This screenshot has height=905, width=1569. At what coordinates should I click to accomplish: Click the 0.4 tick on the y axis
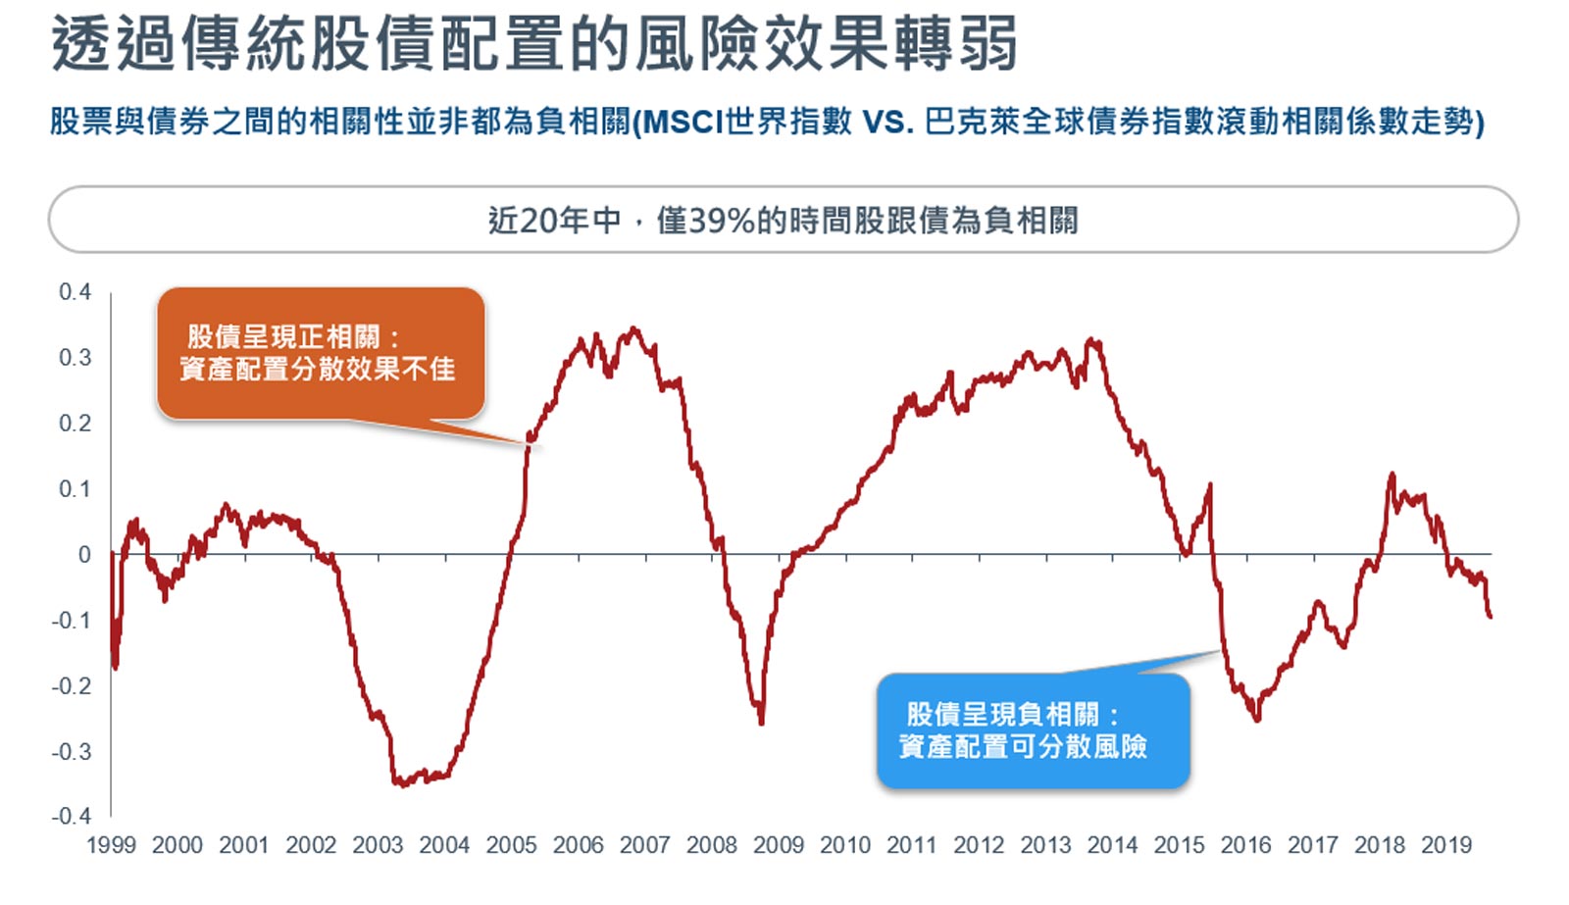75,292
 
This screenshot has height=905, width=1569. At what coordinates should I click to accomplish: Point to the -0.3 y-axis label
71,752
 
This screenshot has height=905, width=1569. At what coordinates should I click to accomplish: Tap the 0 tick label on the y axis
84,555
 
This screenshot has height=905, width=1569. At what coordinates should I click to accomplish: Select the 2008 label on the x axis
711,845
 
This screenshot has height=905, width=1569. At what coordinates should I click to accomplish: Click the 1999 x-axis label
111,845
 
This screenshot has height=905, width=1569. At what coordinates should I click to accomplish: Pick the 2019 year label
1446,845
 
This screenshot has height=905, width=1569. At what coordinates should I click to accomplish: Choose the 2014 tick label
1112,845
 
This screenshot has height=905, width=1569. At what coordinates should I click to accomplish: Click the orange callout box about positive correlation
320,354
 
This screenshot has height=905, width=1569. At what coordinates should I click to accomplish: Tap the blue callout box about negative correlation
1032,730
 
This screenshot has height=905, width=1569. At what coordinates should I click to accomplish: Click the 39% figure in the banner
722,221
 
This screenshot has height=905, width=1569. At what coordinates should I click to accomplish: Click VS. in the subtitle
887,122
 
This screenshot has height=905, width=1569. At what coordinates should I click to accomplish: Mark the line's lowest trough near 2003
400,783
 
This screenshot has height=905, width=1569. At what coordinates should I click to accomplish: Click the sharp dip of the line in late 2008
761,723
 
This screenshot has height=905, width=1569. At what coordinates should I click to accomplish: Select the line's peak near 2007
633,329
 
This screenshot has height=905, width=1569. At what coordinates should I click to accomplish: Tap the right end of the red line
1490,615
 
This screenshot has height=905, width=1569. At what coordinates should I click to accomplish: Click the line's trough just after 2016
1256,719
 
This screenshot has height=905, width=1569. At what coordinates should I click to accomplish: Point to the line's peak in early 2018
1392,476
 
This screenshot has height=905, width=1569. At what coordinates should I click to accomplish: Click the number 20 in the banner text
538,221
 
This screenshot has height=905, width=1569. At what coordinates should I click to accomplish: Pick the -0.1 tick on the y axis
71,621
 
